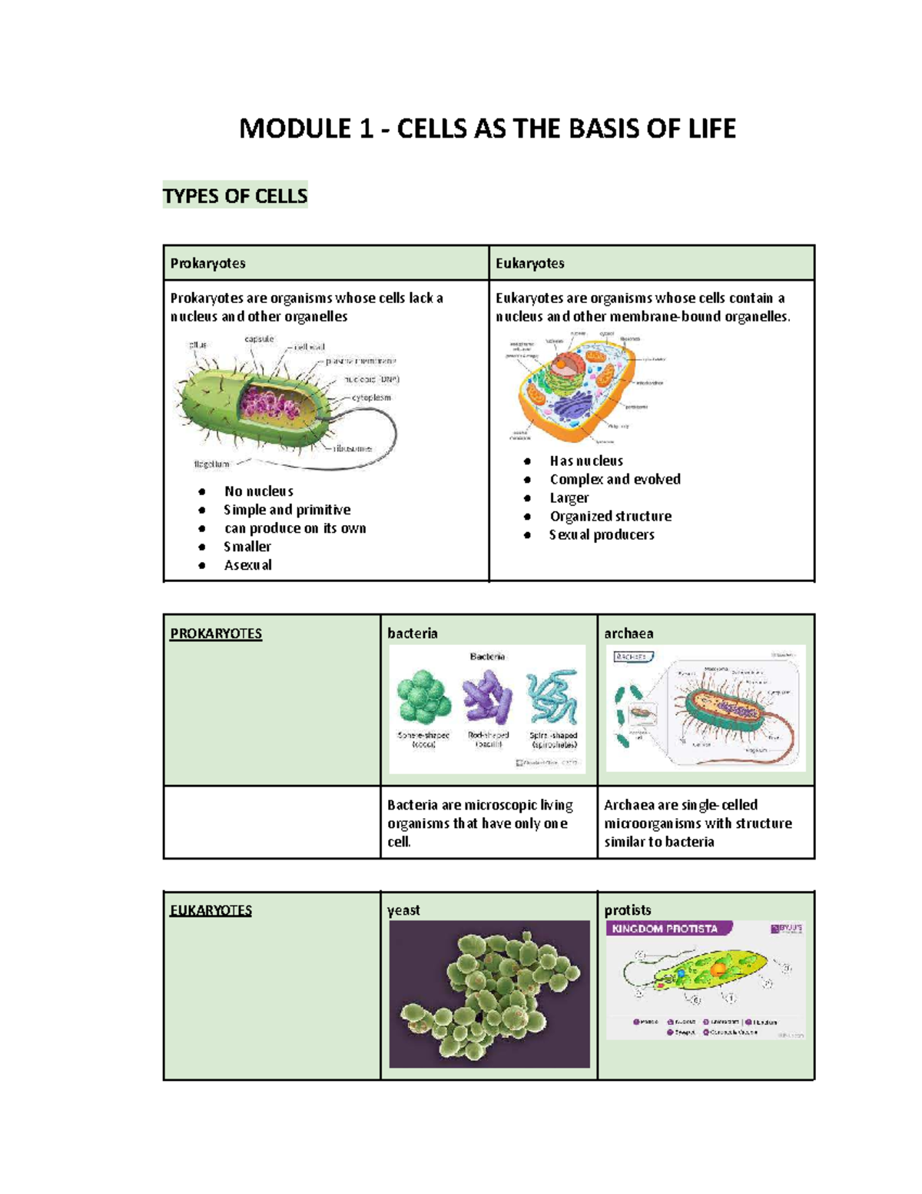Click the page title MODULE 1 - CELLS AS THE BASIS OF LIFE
[487, 128]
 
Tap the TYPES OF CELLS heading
[235, 196]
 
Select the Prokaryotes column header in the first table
[208, 264]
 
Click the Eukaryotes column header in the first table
[530, 264]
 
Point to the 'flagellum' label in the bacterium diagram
[211, 464]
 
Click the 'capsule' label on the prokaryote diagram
[259, 339]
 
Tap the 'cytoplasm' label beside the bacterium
[371, 397]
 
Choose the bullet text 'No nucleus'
[259, 491]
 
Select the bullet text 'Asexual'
[248, 565]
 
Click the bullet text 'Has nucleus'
[586, 461]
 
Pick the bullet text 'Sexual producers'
[602, 535]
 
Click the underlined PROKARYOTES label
[216, 634]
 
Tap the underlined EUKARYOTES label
[211, 910]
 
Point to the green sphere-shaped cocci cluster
[423, 697]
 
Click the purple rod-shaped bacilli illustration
[487, 697]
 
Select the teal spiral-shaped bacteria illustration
[552, 697]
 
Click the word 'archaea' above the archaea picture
[628, 634]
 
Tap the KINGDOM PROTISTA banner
[665, 929]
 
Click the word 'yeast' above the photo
[403, 910]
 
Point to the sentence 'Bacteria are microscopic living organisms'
[479, 814]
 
